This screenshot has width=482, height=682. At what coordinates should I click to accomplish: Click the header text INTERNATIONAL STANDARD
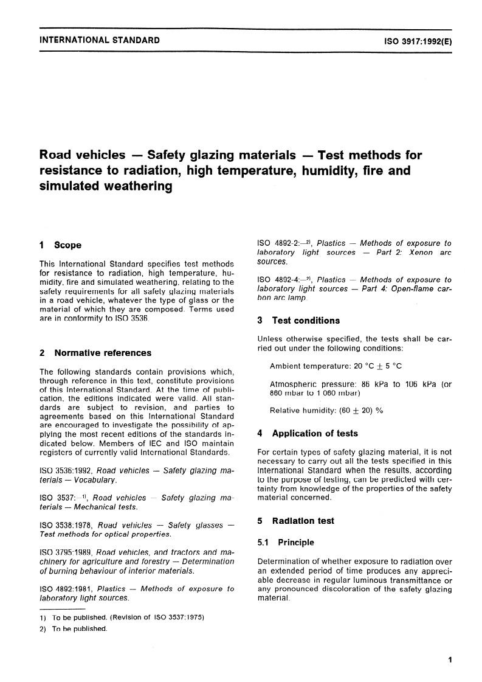coord(99,41)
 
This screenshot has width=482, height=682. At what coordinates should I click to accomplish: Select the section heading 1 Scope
coord(60,245)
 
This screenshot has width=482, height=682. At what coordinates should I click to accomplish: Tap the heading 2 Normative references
coord(95,352)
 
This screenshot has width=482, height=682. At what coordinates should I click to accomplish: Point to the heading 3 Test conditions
coord(298,320)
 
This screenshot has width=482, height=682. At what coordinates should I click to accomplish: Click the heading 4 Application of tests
coord(308,433)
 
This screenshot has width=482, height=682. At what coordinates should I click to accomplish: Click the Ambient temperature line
coord(336,366)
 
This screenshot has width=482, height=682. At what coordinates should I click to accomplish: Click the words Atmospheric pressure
coord(307,384)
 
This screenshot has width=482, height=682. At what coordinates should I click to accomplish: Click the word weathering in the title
coord(105,187)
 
